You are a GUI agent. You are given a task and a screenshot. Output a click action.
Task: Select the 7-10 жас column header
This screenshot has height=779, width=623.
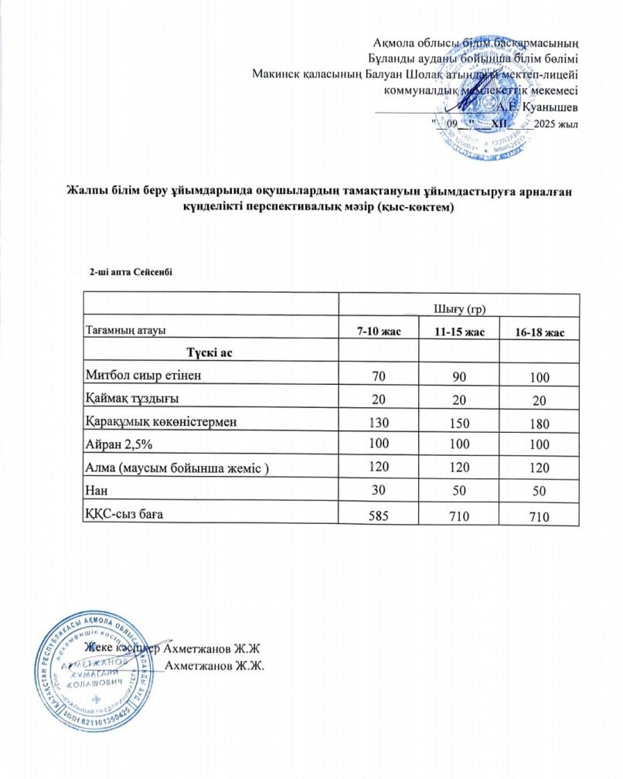click(x=377, y=332)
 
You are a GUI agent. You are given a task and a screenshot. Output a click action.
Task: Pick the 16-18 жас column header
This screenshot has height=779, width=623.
click(x=540, y=332)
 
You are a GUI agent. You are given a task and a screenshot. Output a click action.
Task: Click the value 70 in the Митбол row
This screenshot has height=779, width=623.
click(x=377, y=377)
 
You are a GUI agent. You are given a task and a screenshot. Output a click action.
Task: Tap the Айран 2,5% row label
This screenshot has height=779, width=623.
click(x=118, y=444)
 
